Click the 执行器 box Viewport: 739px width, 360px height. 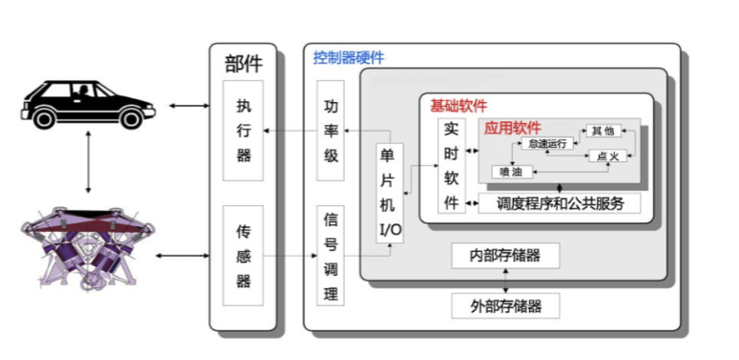point(243,131)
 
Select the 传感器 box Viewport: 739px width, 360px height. point(243,255)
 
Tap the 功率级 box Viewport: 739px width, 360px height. point(330,131)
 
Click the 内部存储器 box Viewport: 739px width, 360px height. point(505,255)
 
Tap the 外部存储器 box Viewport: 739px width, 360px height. point(505,306)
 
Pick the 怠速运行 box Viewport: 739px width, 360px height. point(547,143)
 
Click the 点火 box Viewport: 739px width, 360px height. point(607,156)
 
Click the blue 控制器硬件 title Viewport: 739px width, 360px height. point(348,57)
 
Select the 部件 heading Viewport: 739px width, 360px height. point(243,64)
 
